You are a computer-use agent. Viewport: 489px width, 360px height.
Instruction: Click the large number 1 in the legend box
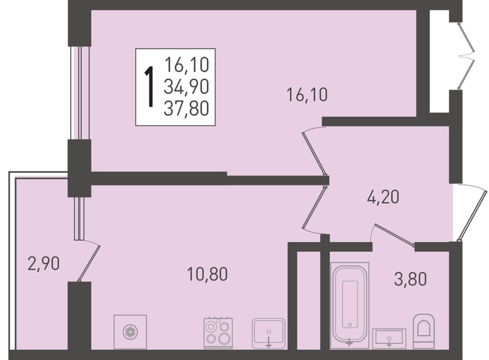pyautogui.click(x=150, y=87)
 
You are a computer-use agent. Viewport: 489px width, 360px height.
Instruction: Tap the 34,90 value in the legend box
pyautogui.click(x=186, y=87)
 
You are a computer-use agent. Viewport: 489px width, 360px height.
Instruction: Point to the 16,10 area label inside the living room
pyautogui.click(x=307, y=95)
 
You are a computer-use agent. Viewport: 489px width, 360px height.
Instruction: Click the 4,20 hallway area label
pyautogui.click(x=383, y=197)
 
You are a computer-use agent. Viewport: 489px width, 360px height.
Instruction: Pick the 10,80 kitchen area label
pyautogui.click(x=207, y=274)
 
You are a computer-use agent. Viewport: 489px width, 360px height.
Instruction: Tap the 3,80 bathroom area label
pyautogui.click(x=410, y=279)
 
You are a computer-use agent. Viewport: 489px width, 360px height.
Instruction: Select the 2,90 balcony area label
pyautogui.click(x=44, y=264)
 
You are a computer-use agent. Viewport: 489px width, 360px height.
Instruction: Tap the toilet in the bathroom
pyautogui.click(x=424, y=331)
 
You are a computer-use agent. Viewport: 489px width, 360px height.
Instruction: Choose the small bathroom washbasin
pyautogui.click(x=389, y=338)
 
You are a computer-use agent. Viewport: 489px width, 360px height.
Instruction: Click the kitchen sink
pyautogui.click(x=269, y=333)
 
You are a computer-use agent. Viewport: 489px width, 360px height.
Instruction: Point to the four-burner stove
pyautogui.click(x=218, y=333)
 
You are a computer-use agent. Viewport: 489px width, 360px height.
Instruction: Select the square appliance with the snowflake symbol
pyautogui.click(x=130, y=332)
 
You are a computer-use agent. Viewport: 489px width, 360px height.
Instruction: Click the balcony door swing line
pyautogui.click(x=90, y=262)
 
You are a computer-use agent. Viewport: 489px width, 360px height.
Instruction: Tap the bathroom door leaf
pyautogui.click(x=394, y=235)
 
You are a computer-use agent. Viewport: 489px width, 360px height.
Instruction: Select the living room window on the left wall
pyautogui.click(x=80, y=93)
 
